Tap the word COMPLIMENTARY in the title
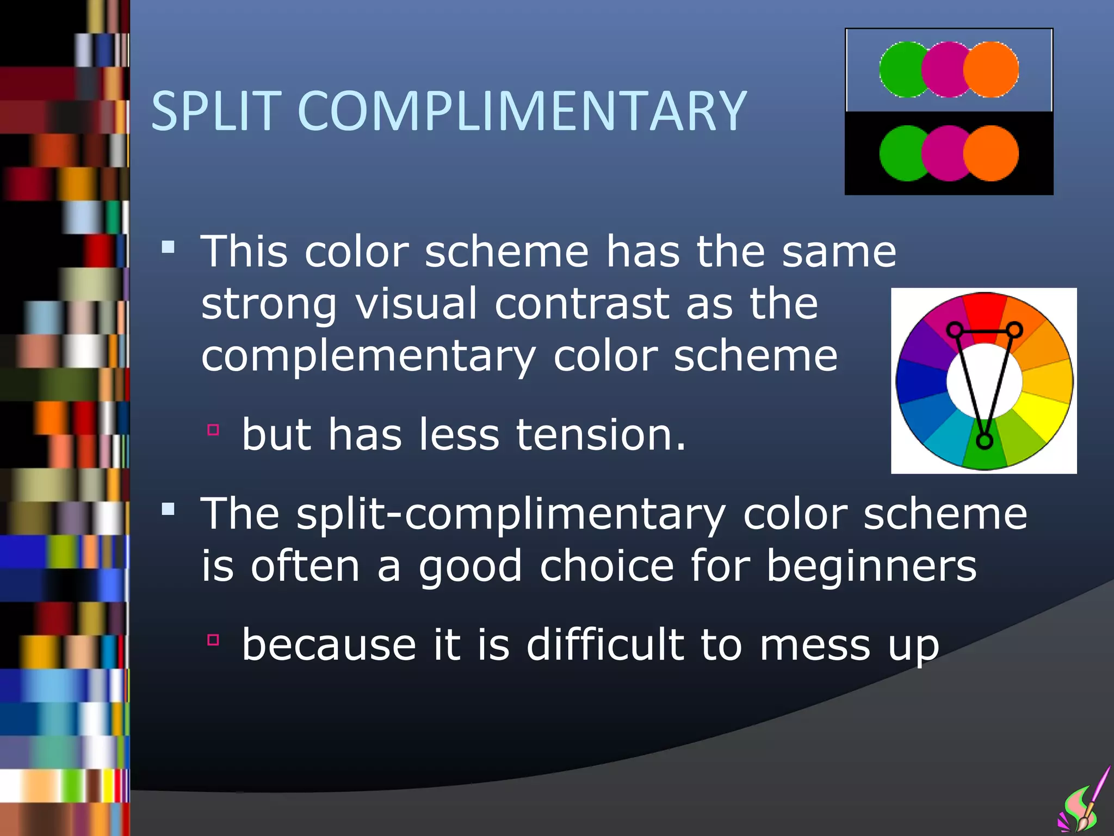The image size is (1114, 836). pyautogui.click(x=522, y=112)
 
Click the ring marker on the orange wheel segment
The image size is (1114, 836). pyautogui.click(x=1014, y=329)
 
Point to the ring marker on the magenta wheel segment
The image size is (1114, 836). pyautogui.click(x=954, y=329)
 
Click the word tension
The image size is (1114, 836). pyautogui.click(x=601, y=435)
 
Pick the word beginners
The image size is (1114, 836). pyautogui.click(x=871, y=566)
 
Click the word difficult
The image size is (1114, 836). pyautogui.click(x=604, y=644)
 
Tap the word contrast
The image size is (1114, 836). pyautogui.click(x=582, y=304)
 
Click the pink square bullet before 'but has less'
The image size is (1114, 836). pyautogui.click(x=213, y=430)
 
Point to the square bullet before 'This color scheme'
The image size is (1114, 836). pyautogui.click(x=168, y=248)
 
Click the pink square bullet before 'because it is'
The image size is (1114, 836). pyautogui.click(x=213, y=640)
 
